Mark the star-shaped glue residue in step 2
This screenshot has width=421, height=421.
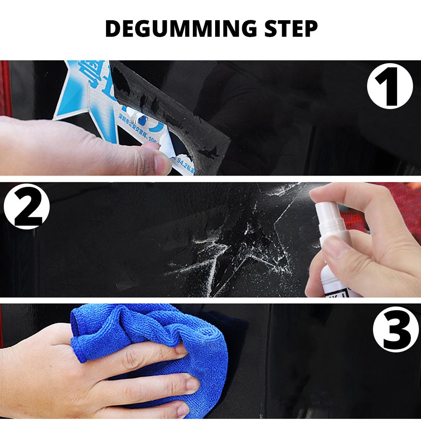(236, 240)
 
